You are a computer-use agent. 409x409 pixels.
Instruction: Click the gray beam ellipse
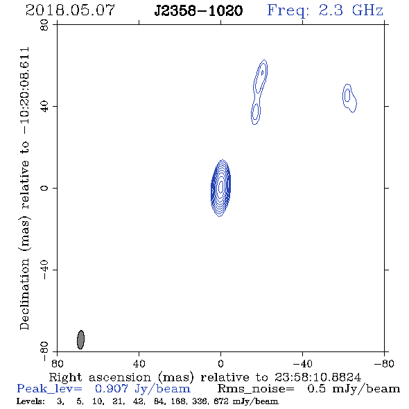[80, 340]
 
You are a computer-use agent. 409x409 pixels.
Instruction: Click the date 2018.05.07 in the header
[70, 10]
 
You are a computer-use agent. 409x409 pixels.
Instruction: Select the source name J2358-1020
[198, 10]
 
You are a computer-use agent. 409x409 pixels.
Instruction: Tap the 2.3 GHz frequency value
[351, 10]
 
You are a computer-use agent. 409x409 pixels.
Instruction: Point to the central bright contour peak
[221, 186]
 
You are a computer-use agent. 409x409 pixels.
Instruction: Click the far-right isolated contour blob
[349, 98]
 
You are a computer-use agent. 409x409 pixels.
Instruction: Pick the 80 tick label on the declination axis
[44, 25]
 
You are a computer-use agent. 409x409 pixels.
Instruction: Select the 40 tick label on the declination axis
[44, 107]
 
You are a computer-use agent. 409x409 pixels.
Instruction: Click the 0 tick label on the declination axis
[44, 188]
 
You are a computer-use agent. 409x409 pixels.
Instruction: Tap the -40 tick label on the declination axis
[44, 270]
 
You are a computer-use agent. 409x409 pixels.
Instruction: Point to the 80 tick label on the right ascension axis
[57, 364]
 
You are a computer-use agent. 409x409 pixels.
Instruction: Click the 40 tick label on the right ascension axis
[139, 364]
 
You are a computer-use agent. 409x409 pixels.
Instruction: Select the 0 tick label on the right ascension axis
[220, 364]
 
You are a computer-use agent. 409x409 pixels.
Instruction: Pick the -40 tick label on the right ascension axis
[302, 364]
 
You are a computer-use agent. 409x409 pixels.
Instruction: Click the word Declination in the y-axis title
[24, 294]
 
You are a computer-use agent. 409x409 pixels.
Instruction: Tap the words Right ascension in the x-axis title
[100, 378]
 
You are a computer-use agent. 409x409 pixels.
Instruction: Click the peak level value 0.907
[112, 389]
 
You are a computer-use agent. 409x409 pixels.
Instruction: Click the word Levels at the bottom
[31, 401]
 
